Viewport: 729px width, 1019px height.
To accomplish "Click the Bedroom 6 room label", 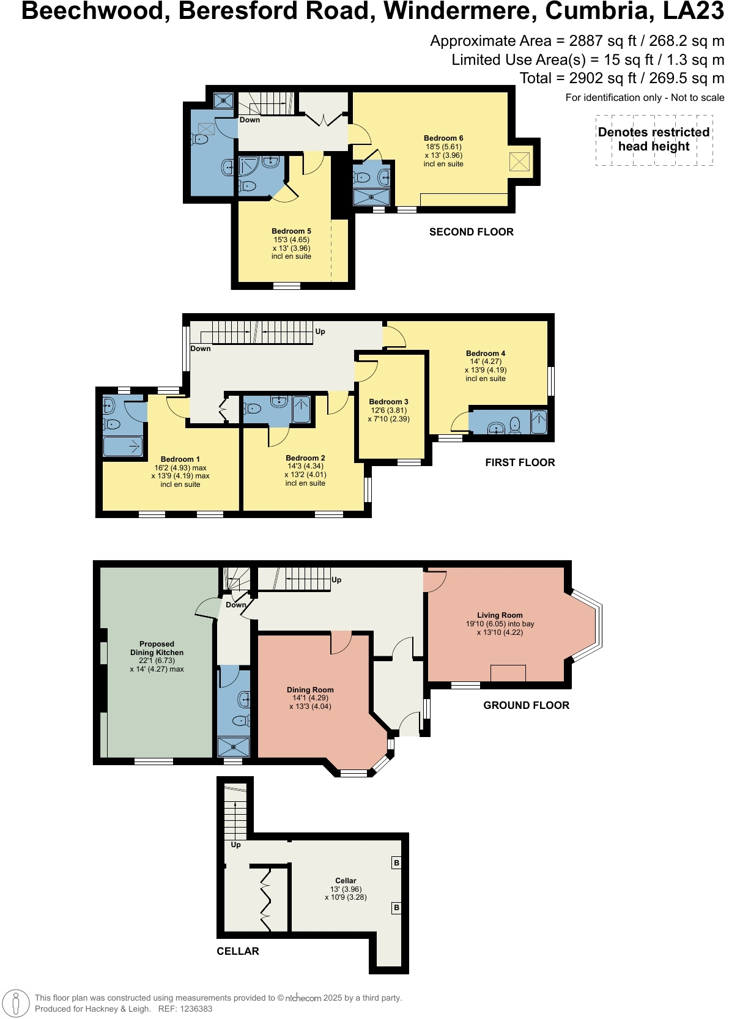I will pos(443,138).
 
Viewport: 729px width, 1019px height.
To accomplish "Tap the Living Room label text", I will pos(500,615).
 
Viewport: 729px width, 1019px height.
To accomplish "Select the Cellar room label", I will pos(346,881).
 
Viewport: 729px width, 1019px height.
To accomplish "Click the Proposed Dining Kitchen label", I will pos(157,648).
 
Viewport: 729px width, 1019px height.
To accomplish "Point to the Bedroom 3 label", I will pos(388,402).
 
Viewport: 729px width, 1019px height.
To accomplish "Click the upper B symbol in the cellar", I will pos(396,863).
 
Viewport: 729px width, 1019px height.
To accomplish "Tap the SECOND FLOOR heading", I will pos(471,232).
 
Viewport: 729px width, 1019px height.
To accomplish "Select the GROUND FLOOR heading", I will pos(526,705).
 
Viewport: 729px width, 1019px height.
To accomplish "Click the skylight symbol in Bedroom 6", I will pos(519,162).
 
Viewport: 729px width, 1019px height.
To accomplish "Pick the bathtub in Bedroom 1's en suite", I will pos(123,447).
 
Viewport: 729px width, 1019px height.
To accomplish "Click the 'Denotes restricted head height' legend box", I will pos(654,140).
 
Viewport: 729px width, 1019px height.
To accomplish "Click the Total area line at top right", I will pos(621,78).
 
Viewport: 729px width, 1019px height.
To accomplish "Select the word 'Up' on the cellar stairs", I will pos(236,845).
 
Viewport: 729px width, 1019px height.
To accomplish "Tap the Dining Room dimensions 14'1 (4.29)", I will pos(310,698).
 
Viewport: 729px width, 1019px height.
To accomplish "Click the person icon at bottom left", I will pos(16,1004).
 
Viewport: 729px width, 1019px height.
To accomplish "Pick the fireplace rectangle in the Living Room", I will pos(508,673).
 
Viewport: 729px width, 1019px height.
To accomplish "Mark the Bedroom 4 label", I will pos(486,354).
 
